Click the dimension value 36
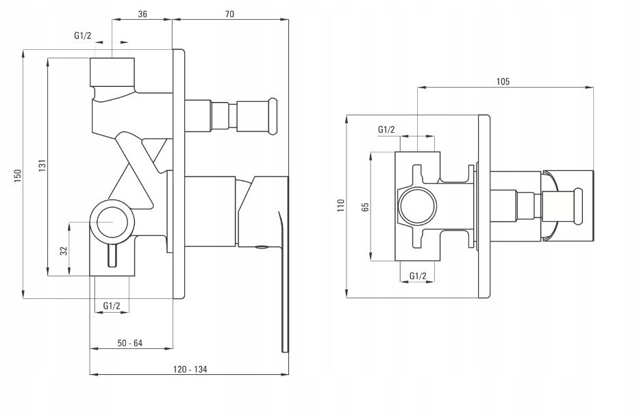coord(142,14)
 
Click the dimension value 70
coord(229,14)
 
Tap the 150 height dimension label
coord(18,175)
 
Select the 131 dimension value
coord(42,166)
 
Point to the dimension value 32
coord(64,250)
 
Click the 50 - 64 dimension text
coord(130,343)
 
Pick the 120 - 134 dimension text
coord(190,369)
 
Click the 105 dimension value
coord(503,81)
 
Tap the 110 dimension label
coord(342,205)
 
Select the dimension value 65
coord(366,207)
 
